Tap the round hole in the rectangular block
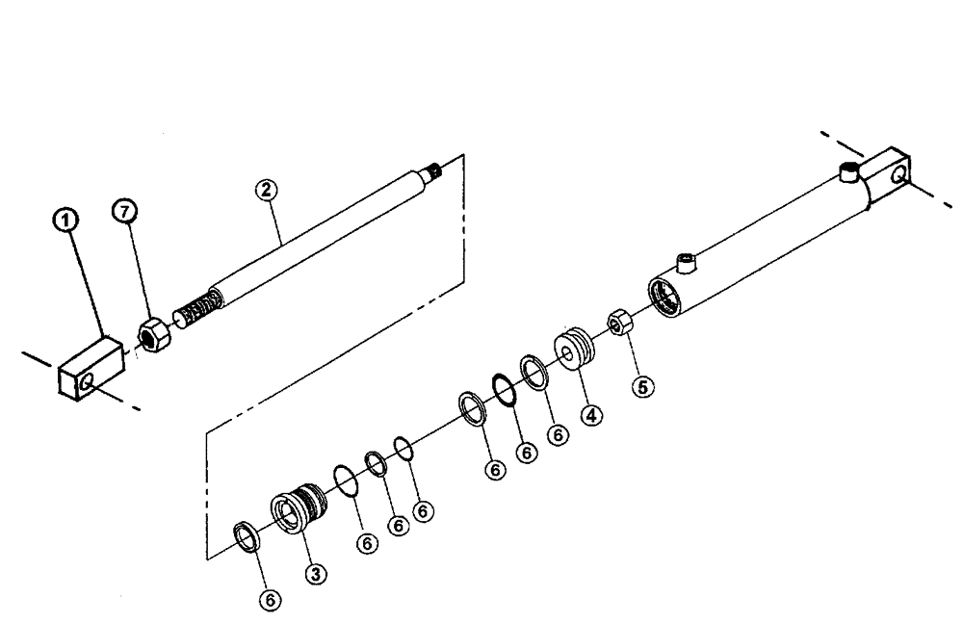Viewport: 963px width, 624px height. [90, 383]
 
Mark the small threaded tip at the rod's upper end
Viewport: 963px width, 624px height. [435, 172]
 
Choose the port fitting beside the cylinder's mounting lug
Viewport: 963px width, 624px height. [847, 173]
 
